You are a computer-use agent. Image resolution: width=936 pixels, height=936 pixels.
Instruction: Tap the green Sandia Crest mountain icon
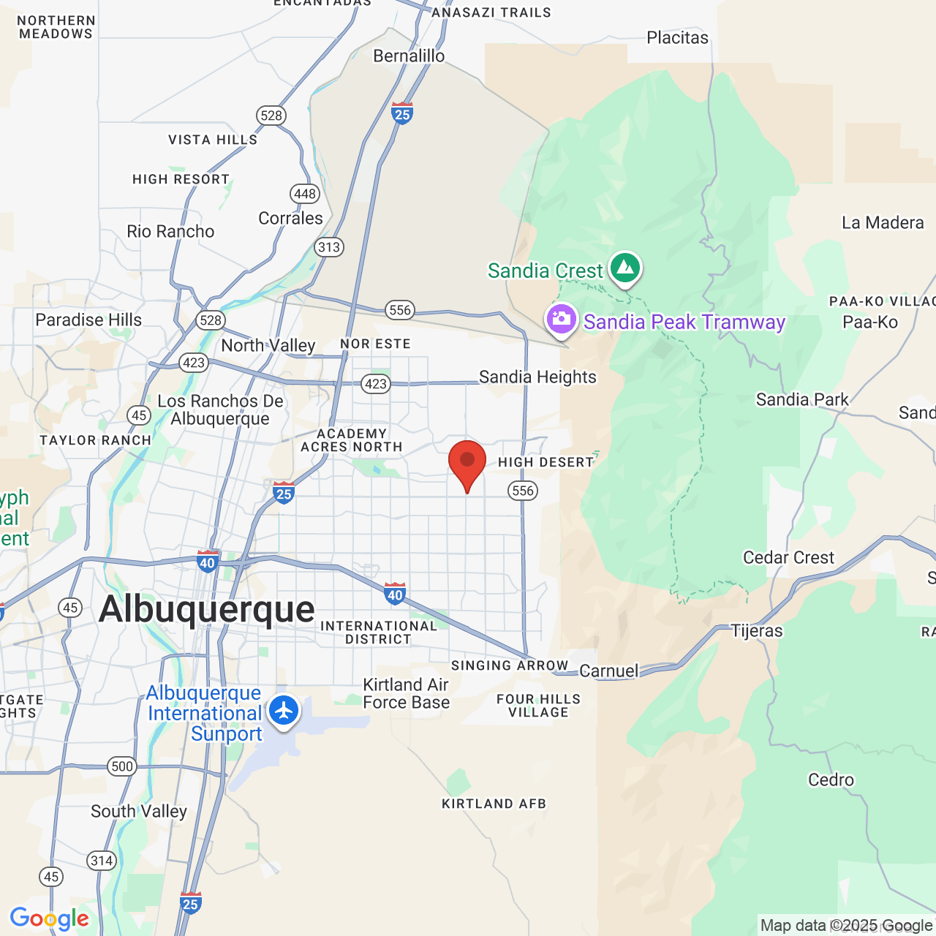coord(625,268)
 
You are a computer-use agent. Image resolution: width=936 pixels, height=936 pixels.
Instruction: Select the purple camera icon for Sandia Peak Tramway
coord(562,320)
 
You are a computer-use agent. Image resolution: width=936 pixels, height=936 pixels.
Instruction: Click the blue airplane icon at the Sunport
coord(284,710)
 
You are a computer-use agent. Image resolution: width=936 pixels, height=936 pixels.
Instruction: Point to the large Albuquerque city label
coord(207,609)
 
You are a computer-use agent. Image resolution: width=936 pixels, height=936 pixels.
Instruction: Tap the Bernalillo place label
coord(409,56)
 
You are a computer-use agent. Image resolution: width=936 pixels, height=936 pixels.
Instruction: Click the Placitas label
coord(677,38)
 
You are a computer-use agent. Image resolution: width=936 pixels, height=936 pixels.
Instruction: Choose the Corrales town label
coord(290,219)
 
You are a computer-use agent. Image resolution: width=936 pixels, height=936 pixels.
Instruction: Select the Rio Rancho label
coord(170,232)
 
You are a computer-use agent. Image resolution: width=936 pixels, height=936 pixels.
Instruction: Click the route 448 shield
coord(305,194)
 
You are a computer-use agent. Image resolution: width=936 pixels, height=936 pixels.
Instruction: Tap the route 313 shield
coord(329,247)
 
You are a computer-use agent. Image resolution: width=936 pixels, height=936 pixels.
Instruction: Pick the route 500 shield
coord(122,766)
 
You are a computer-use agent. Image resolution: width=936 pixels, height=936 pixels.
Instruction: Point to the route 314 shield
coord(102,861)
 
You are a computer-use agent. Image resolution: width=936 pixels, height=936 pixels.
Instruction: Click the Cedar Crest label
coord(788,558)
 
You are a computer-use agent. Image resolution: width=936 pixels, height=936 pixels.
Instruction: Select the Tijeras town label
coord(757,631)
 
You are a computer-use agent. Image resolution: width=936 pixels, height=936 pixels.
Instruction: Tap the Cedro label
coord(831,780)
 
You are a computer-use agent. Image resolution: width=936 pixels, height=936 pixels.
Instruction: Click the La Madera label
coord(883,223)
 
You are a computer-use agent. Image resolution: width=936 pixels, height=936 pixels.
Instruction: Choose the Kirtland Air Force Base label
coord(407,693)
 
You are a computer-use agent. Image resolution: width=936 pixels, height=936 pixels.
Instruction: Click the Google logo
coord(50,918)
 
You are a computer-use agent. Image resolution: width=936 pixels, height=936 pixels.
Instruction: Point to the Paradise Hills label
coord(88,320)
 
